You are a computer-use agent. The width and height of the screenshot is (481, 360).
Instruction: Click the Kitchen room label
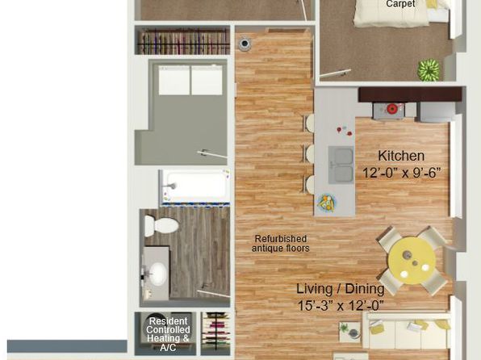(x=401, y=156)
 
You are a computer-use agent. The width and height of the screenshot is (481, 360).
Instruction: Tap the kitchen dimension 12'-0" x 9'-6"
(x=402, y=173)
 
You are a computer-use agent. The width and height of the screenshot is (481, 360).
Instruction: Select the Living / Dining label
(x=341, y=289)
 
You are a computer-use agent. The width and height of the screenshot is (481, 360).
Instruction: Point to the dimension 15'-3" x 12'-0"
(x=341, y=305)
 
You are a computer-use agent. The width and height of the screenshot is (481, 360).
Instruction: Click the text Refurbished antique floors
(x=280, y=244)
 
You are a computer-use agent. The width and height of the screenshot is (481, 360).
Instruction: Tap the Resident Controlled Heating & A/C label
(x=168, y=334)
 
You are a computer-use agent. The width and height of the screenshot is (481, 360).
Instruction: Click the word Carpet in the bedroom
(x=400, y=4)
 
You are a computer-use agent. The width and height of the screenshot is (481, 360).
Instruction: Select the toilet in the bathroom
(x=161, y=225)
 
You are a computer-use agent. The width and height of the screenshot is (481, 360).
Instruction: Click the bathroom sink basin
(x=158, y=273)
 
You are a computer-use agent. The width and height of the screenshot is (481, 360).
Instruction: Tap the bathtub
(x=194, y=186)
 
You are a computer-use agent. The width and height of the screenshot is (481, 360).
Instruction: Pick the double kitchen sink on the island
(x=341, y=165)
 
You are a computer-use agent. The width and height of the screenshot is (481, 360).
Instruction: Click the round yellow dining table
(x=412, y=260)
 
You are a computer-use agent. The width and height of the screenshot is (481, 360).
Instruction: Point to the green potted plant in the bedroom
(x=429, y=70)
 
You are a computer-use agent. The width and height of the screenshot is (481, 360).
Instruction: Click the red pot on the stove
(x=391, y=108)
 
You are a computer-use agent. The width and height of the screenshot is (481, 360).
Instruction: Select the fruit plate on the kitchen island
(x=326, y=203)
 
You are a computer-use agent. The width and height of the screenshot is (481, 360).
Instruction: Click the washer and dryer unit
(x=190, y=80)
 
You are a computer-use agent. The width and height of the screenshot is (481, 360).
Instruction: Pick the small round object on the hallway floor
(x=245, y=44)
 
